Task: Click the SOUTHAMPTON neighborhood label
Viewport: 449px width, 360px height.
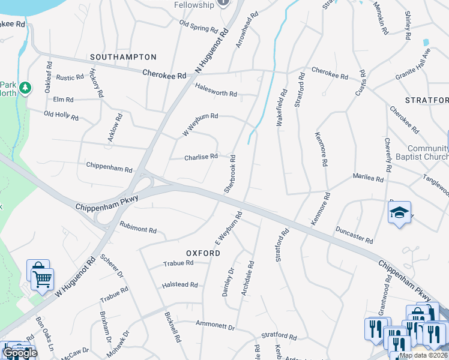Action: [123, 57]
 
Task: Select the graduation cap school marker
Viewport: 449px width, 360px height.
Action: [399, 213]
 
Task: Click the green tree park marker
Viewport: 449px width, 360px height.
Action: [25, 89]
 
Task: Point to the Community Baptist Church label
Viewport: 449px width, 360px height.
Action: [428, 153]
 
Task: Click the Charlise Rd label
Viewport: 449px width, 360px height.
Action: [201, 157]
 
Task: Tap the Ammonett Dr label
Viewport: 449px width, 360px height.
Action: [215, 325]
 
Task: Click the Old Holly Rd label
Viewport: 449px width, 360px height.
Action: [61, 115]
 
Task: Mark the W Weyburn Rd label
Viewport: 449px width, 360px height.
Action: [200, 124]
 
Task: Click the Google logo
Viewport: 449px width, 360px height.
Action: [19, 353]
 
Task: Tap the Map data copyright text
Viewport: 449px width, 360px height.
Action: [424, 355]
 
